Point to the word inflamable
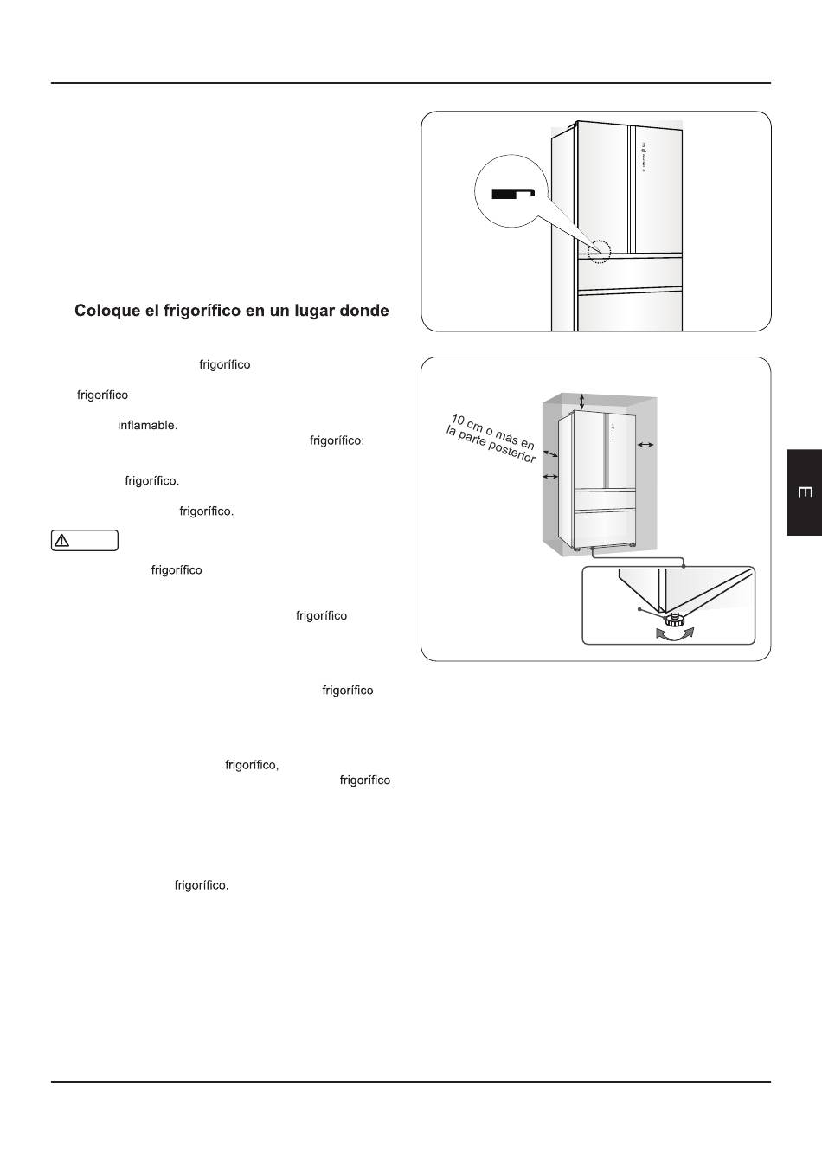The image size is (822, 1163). click(x=147, y=426)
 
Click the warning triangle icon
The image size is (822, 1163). click(x=61, y=541)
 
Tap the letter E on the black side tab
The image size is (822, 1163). click(x=804, y=492)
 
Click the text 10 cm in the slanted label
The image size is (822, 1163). click(x=466, y=425)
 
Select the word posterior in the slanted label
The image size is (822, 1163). click(x=514, y=453)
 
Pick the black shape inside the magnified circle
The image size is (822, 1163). click(x=514, y=193)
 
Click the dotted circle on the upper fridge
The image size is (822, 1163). click(x=599, y=251)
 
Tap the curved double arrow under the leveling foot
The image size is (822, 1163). click(x=675, y=634)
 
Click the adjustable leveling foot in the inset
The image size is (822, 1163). click(x=674, y=620)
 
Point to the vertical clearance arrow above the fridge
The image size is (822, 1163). click(x=582, y=401)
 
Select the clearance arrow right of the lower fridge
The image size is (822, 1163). click(x=645, y=445)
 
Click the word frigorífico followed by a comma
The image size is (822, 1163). click(x=252, y=765)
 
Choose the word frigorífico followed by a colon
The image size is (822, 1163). click(x=337, y=440)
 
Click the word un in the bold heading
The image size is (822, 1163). click(x=272, y=311)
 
